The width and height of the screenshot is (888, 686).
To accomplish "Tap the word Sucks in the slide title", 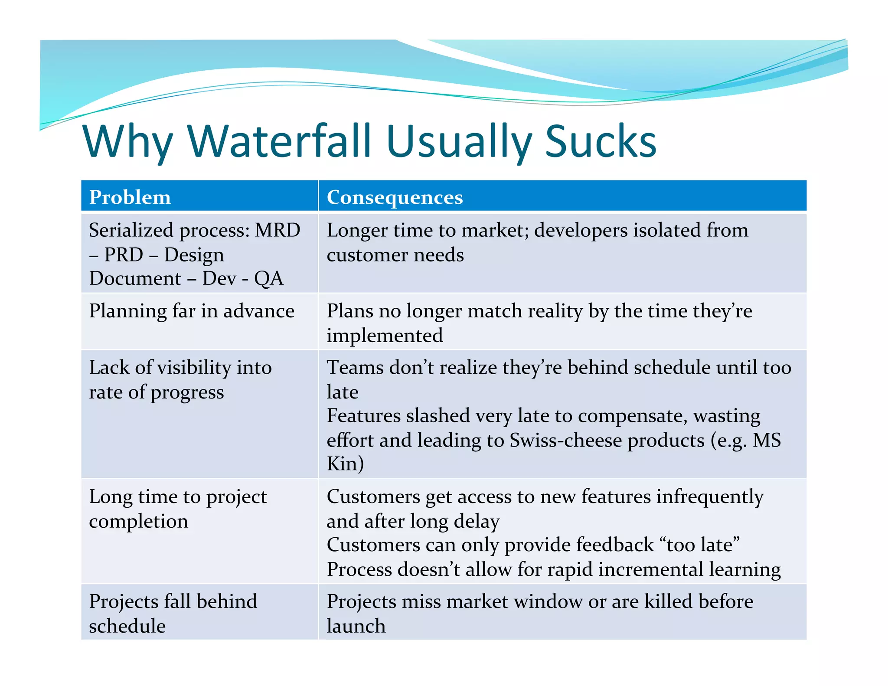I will click(601, 141).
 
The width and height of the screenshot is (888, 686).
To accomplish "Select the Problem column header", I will click(130, 197).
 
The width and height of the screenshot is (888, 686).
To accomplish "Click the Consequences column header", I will click(395, 197).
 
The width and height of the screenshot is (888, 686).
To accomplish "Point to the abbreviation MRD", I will click(277, 230).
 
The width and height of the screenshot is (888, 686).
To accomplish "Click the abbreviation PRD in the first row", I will click(124, 255).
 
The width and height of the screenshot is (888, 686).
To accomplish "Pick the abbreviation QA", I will click(269, 278).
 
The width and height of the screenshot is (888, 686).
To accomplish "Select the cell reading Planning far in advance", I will click(192, 311).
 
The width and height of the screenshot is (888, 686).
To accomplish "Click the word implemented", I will click(385, 336).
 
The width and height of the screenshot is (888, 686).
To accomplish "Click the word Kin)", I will click(345, 464).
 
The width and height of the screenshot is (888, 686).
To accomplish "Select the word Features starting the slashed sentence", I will click(363, 416).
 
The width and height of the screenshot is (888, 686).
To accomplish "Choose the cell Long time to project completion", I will click(178, 509).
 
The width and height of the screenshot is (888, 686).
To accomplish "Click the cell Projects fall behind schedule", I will click(173, 614).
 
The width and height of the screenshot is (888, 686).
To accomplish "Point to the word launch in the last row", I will click(356, 626).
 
